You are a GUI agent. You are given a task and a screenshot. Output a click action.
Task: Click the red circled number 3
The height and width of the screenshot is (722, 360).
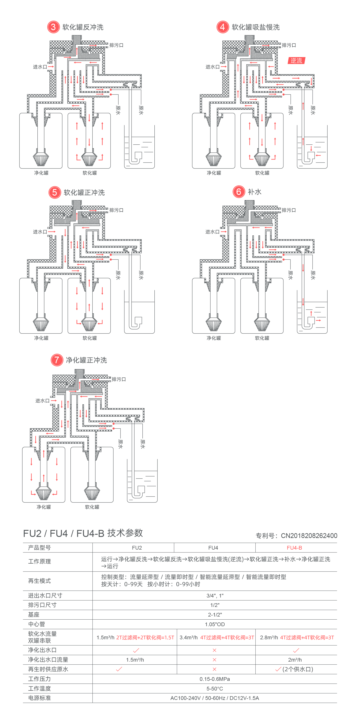53,27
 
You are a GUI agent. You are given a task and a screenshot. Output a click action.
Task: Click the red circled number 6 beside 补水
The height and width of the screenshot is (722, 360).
239,192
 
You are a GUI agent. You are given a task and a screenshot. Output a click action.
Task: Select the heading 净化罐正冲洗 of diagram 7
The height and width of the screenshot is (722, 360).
86,360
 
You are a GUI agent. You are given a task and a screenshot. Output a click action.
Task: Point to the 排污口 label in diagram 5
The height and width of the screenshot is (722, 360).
116,210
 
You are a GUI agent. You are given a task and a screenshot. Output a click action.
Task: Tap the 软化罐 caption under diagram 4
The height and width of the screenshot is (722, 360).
262,173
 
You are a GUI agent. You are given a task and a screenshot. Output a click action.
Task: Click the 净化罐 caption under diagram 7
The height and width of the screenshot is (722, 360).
44,507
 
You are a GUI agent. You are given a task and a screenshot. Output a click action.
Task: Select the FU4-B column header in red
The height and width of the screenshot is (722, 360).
294,548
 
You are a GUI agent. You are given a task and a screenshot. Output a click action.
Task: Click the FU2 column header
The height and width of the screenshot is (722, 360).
137,548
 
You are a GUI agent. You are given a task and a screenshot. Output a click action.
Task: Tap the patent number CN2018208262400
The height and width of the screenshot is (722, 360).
309,536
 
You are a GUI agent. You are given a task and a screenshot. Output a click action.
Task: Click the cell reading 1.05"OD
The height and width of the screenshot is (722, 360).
215,624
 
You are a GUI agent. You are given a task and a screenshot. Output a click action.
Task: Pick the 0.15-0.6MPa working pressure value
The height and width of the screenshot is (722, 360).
215,679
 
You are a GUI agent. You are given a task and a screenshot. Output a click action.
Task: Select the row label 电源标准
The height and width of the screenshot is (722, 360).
40,698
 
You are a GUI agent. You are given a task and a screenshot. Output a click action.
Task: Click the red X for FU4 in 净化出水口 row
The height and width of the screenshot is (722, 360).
214,650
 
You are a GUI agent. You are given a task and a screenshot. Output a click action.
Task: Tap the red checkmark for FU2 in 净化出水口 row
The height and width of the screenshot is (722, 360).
136,650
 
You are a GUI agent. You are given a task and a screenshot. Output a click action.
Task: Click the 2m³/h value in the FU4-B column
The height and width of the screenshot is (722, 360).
295,660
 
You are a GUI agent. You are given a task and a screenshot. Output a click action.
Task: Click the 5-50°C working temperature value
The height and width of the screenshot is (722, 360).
215,688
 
